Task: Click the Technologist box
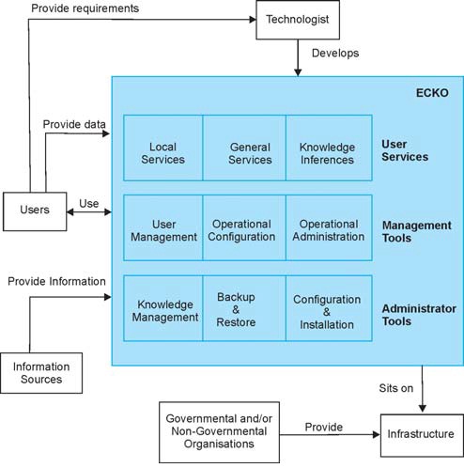point(298,20)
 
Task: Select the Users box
point(35,211)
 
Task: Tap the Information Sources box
point(41,373)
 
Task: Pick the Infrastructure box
point(422,435)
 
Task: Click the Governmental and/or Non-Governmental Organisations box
point(219,432)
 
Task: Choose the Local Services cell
point(163,148)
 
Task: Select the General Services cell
point(244,148)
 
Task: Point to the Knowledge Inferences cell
point(329,148)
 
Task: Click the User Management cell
point(163,227)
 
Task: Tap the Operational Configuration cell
point(244,227)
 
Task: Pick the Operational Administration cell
point(329,227)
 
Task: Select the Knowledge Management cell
point(163,308)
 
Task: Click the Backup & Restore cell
point(244,308)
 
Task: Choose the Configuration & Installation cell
point(329,308)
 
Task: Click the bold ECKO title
point(432,93)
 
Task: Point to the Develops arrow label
point(335,54)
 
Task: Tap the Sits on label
point(396,388)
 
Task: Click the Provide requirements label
point(85,8)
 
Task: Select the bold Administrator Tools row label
point(419,315)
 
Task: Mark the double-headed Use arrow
point(89,212)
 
